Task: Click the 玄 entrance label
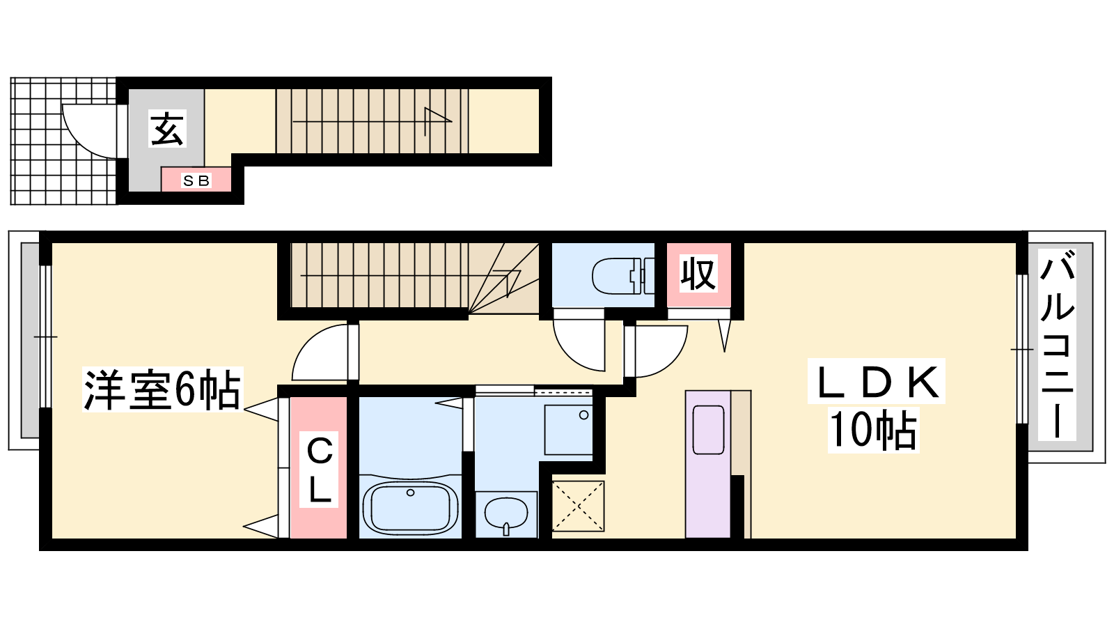(167, 128)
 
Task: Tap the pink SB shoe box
(196, 179)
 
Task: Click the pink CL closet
(318, 467)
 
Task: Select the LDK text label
(877, 381)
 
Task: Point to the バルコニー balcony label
(1058, 344)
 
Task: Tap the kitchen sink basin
(708, 429)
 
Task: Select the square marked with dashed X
(578, 506)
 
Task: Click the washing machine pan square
(568, 430)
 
